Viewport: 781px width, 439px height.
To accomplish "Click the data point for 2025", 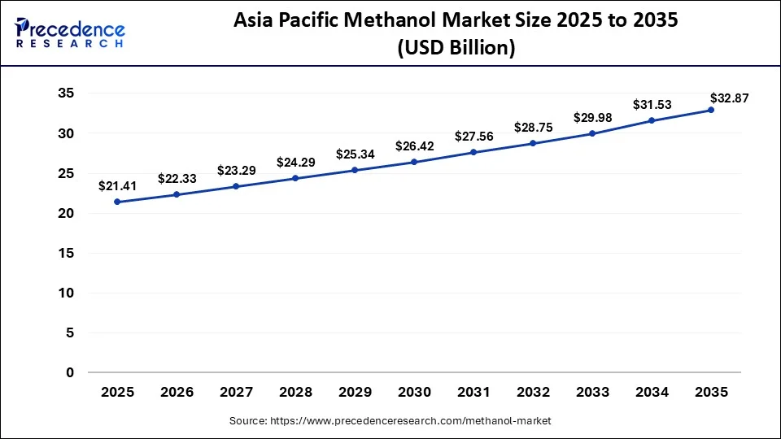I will [x=117, y=202].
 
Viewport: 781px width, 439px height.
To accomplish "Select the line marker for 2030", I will [x=414, y=162].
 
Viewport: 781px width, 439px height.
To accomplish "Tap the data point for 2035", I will [x=711, y=110].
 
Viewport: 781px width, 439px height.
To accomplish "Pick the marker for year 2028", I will [x=295, y=178].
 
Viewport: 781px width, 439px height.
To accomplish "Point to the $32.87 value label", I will [x=729, y=98].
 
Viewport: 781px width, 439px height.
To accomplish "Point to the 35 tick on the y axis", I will [x=66, y=93].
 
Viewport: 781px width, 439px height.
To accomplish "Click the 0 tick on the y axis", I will [x=70, y=372].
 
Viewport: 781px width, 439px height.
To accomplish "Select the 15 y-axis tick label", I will [x=66, y=253].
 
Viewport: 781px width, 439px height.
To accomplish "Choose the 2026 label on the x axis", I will [x=177, y=392].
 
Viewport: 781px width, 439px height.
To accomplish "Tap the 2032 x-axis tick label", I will [x=533, y=392].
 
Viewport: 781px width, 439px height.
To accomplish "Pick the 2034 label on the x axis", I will [x=652, y=392].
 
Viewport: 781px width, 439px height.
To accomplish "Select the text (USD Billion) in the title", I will [x=456, y=48].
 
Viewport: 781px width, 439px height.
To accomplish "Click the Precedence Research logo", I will [x=70, y=33].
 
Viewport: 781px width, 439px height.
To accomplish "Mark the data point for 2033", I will [x=592, y=133].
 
